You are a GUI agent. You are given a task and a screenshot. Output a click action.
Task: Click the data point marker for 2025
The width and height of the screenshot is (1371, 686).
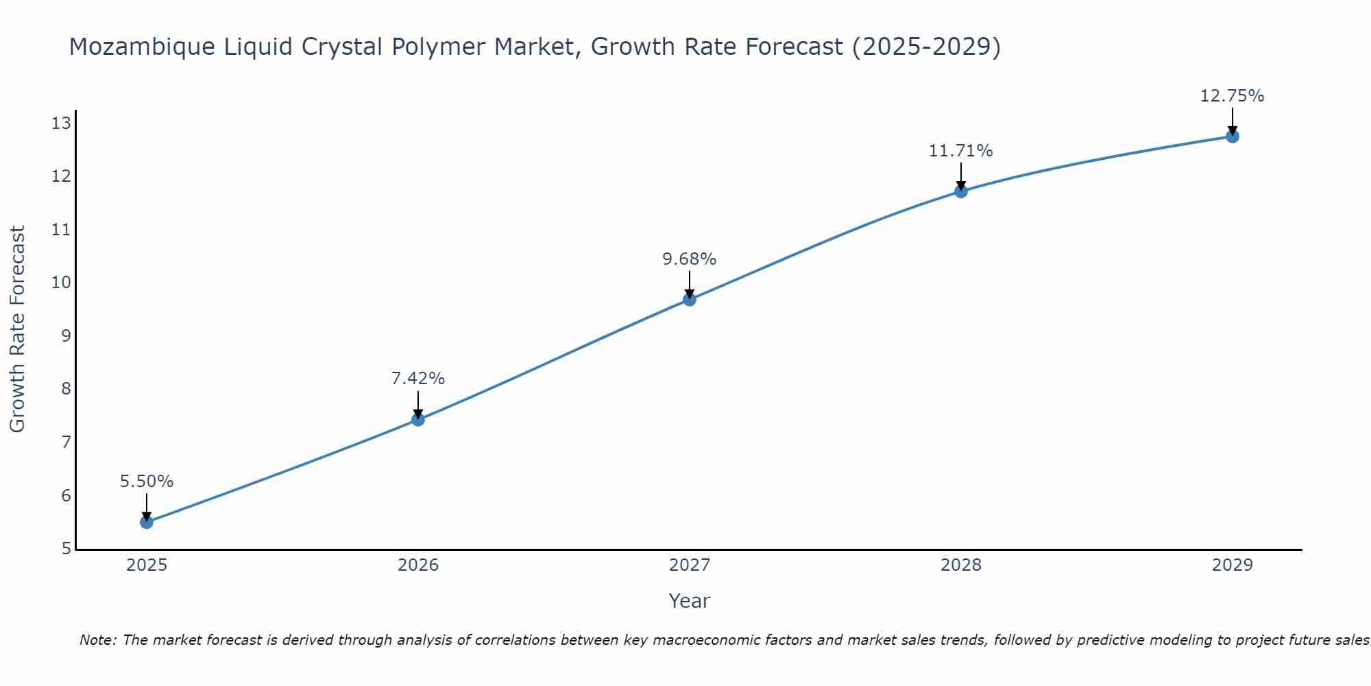click(147, 522)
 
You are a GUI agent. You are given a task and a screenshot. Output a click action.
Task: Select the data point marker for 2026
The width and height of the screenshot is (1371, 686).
click(418, 419)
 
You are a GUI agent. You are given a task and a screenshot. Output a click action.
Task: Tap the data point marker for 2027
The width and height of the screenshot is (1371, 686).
click(690, 299)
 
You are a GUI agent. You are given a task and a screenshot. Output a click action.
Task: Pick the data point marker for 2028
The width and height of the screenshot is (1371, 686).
click(961, 191)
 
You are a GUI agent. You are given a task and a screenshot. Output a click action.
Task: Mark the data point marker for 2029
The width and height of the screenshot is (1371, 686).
click(1232, 136)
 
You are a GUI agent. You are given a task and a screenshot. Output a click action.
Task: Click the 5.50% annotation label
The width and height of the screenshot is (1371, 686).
click(147, 482)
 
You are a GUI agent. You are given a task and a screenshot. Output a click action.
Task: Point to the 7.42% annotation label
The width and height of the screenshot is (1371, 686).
click(418, 379)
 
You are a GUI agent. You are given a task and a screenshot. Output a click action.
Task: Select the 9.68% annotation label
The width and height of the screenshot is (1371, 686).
click(690, 259)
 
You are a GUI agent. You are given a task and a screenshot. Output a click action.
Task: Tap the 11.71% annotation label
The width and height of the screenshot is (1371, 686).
click(961, 151)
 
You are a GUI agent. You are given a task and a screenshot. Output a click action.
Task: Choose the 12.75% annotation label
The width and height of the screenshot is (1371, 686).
click(1232, 96)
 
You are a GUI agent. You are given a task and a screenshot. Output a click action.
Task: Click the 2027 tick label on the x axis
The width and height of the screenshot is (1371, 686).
click(690, 565)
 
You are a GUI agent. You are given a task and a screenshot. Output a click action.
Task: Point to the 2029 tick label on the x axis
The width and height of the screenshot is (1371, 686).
click(1232, 565)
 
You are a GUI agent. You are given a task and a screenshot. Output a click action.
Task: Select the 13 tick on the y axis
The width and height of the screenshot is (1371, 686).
click(62, 123)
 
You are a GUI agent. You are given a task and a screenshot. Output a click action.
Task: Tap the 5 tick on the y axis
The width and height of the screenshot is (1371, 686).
click(66, 548)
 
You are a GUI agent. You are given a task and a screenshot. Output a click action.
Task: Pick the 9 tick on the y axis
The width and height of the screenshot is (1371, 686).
click(66, 336)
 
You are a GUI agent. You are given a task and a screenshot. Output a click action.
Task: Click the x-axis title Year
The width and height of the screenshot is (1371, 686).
click(690, 601)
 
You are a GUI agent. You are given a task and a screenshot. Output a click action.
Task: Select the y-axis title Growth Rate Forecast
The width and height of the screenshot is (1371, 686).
click(18, 329)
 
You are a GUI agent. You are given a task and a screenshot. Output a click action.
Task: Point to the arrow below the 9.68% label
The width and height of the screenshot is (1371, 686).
click(690, 284)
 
